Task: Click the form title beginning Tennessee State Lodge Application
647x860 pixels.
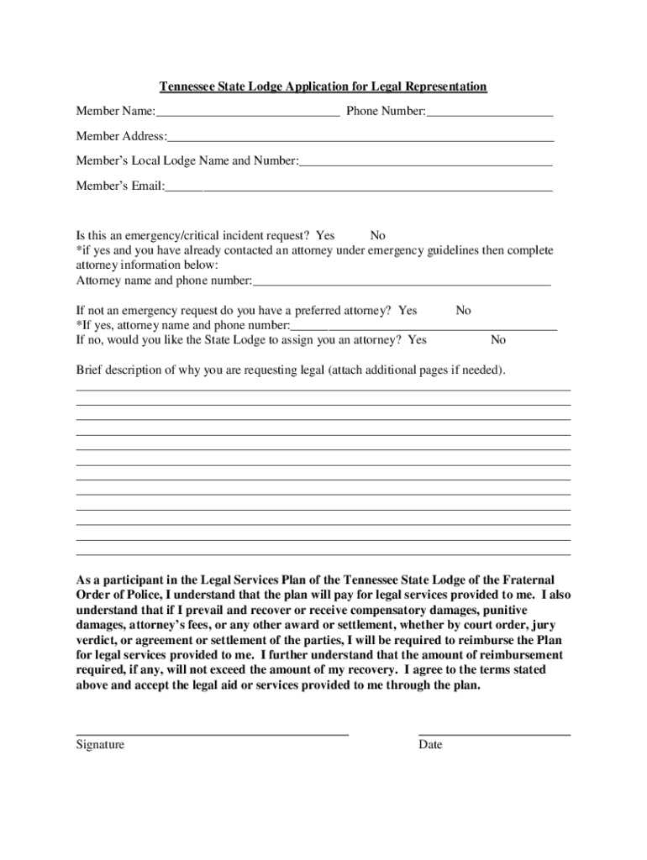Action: pos(323,87)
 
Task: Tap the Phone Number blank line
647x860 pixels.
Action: pos(489,112)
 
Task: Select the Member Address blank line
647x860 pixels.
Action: pos(360,137)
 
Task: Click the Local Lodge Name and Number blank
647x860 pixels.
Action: pos(425,161)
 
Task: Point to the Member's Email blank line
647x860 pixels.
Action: pos(358,186)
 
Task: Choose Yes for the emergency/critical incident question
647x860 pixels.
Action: pos(325,236)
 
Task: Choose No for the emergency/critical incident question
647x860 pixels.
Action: pos(378,236)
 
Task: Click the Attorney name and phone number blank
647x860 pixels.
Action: pos(402,281)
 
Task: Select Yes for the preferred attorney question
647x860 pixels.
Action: pos(408,311)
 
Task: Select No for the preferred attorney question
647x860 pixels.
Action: pos(463,311)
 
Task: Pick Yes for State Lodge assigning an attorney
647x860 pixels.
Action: pos(417,340)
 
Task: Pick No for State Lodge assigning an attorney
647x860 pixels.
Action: pos(498,340)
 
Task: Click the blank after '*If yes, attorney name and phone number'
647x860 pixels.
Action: pos(423,326)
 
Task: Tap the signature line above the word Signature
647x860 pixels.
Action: pos(212,733)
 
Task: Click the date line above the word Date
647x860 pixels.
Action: pos(494,733)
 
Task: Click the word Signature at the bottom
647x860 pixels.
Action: pos(100,745)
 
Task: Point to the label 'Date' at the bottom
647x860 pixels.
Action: pos(430,745)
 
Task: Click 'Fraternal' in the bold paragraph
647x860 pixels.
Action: pos(528,580)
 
